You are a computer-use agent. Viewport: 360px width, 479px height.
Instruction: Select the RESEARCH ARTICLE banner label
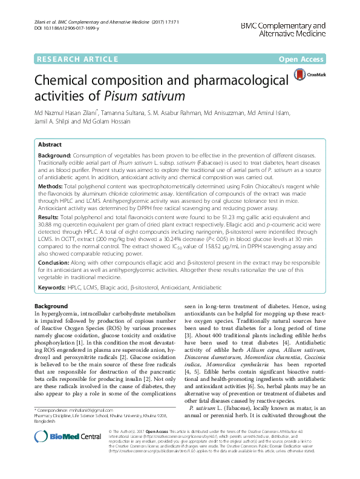77,59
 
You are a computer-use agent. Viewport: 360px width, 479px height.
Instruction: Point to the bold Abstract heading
50,145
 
